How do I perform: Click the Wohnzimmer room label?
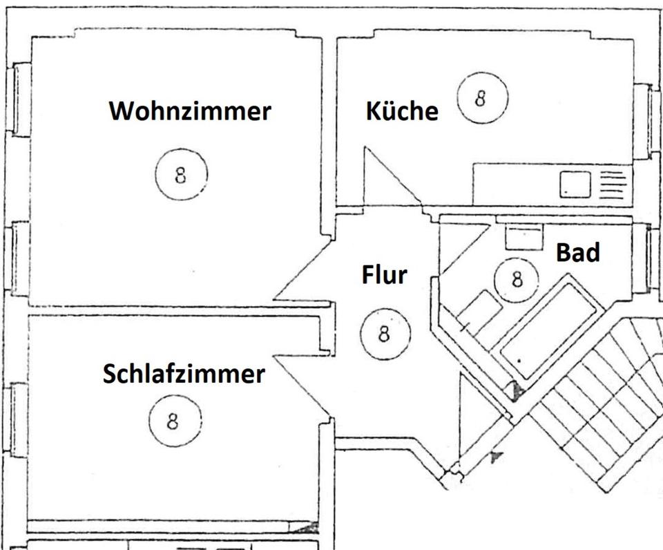[190, 111]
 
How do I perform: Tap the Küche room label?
[402, 111]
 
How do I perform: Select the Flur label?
[385, 274]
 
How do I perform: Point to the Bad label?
[578, 254]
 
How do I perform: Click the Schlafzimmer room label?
[184, 374]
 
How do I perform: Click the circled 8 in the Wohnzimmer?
[181, 175]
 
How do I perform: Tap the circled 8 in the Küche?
[481, 97]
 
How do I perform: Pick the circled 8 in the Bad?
[517, 279]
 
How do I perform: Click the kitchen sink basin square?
[575, 183]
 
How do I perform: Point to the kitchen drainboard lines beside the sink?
[612, 184]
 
